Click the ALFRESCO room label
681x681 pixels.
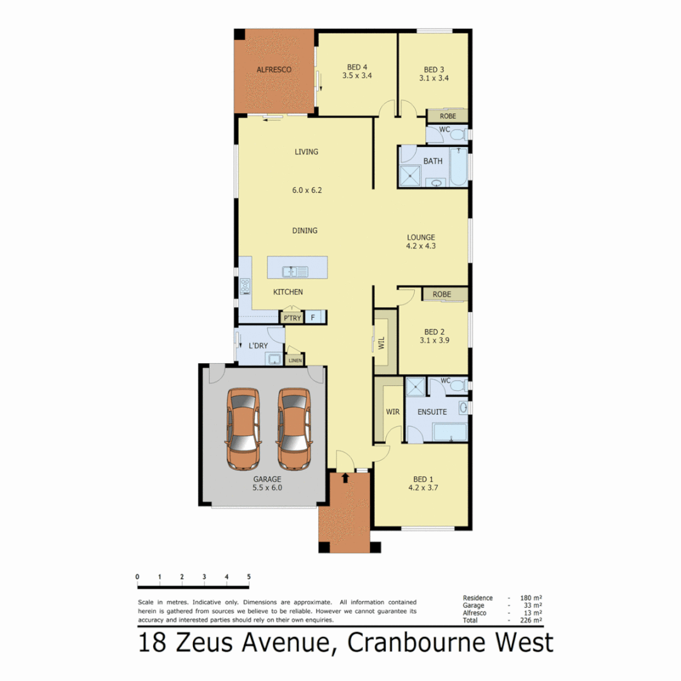point(274,70)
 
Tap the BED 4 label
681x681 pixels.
point(357,67)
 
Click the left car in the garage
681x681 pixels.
point(243,428)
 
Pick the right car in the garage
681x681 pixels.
point(294,428)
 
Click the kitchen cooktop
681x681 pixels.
point(245,287)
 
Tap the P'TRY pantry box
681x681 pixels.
point(292,318)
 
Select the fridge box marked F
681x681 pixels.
point(313,318)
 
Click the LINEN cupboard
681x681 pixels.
point(294,361)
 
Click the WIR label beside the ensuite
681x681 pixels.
point(392,412)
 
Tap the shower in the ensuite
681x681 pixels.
point(416,387)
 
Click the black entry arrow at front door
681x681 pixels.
point(345,478)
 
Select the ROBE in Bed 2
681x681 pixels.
point(441,294)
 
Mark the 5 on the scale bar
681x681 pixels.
point(249,576)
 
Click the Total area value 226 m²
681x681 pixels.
point(533,620)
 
